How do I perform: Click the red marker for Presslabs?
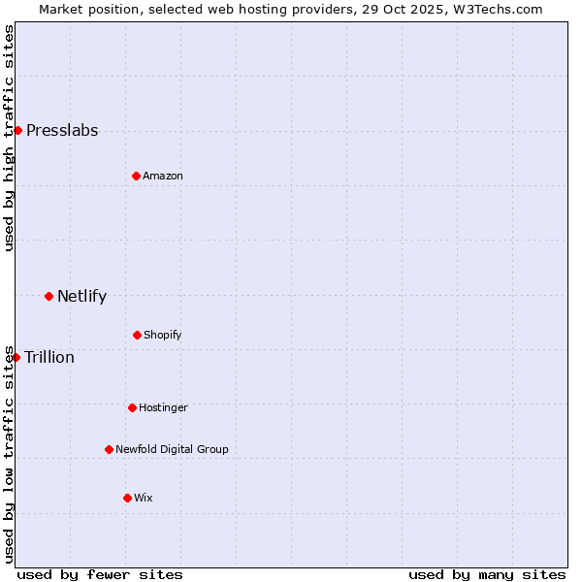tap(17, 130)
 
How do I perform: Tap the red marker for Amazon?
tap(136, 176)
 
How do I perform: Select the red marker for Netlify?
tap(48, 296)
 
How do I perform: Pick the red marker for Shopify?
tap(137, 335)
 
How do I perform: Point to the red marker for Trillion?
tap(16, 357)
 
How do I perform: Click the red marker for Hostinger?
tap(132, 407)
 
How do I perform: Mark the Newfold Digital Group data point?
tap(109, 449)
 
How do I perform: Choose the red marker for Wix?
tap(127, 498)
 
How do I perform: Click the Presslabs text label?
tap(62, 131)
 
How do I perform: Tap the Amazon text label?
tap(163, 176)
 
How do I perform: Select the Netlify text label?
tap(81, 297)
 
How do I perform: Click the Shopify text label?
tap(163, 336)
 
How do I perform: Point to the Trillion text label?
tap(49, 358)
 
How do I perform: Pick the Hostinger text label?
tap(163, 407)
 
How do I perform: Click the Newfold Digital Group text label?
tap(172, 449)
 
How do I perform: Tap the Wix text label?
tap(144, 498)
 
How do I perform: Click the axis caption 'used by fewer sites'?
tap(100, 574)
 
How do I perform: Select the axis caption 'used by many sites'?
tap(487, 574)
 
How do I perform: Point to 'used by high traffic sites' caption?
tap(9, 138)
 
